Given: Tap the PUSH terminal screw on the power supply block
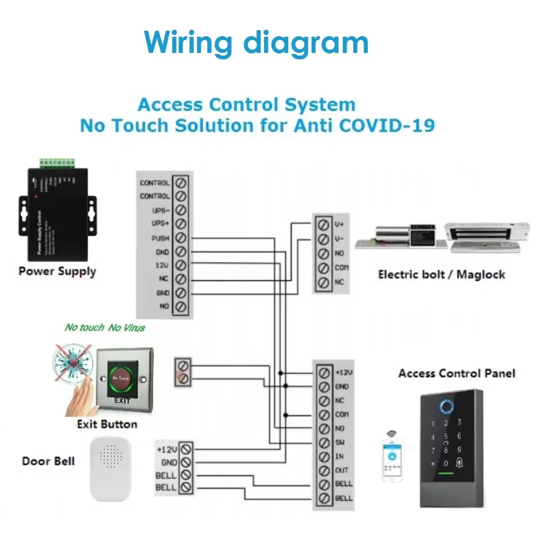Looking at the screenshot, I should [x=181, y=238].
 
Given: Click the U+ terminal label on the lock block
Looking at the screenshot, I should [x=339, y=224].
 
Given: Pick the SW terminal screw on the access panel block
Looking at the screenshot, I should [x=324, y=442].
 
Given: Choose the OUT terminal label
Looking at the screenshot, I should [x=342, y=470].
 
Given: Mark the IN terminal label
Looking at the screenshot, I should [x=340, y=456].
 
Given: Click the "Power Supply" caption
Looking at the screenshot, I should [x=57, y=271].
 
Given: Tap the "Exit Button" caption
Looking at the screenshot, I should [x=107, y=424].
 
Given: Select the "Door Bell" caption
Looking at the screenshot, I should [x=48, y=461].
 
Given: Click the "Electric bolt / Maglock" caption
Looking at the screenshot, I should [x=441, y=274].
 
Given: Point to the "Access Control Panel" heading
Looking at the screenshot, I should [x=457, y=373].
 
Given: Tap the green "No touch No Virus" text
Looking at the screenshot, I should [x=105, y=327].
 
